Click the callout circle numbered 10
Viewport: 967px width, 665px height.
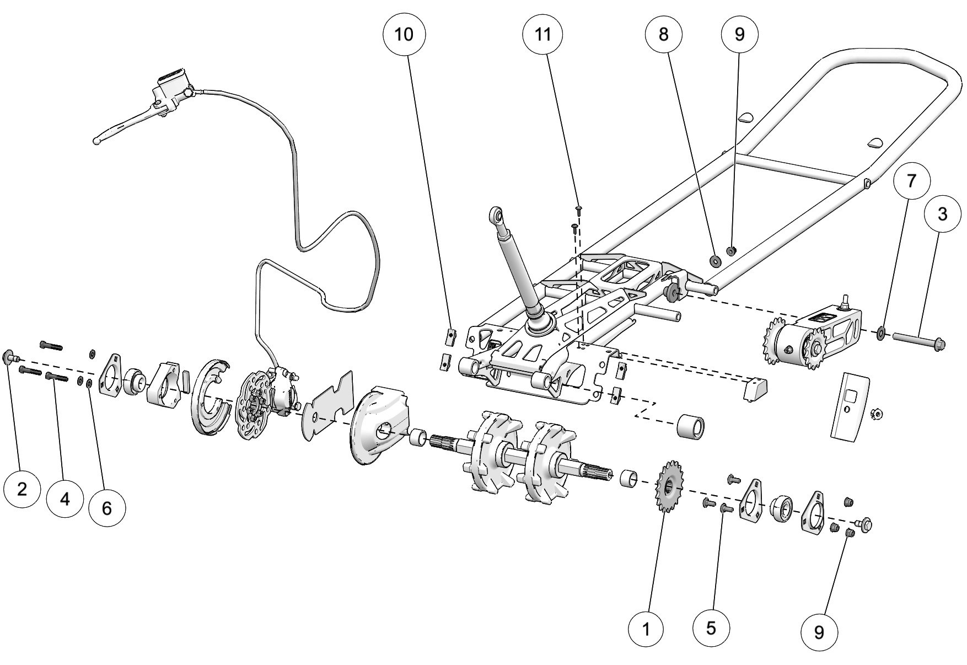coord(404,34)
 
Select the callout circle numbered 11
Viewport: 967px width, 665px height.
coord(543,34)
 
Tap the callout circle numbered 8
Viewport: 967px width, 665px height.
coord(664,34)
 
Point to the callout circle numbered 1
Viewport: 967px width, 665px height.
coord(647,628)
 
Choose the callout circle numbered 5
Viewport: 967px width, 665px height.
coord(711,628)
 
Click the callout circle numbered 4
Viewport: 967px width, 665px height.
coord(65,499)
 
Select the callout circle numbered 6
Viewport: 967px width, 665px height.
coord(106,508)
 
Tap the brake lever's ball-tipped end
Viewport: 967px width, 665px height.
coord(97,140)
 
